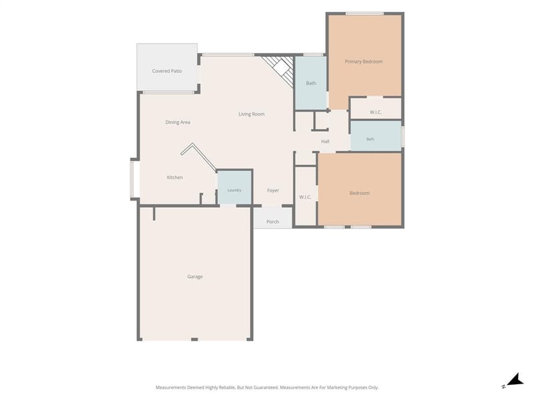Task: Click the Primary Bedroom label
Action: [363, 61]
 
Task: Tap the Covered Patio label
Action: [167, 71]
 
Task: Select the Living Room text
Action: [252, 114]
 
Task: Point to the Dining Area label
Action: [178, 122]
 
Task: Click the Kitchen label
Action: [175, 177]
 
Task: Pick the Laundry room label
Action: [234, 190]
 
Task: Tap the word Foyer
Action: [273, 190]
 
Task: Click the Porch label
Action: [272, 222]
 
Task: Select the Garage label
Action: [195, 277]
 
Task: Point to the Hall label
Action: [325, 142]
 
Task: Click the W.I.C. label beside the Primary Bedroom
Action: [376, 112]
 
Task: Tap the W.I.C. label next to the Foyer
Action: [305, 197]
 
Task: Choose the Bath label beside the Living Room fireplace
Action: [311, 83]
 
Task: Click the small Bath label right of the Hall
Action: [370, 139]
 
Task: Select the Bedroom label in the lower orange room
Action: [359, 193]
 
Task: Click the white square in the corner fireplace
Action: [282, 68]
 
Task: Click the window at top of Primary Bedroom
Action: [364, 13]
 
